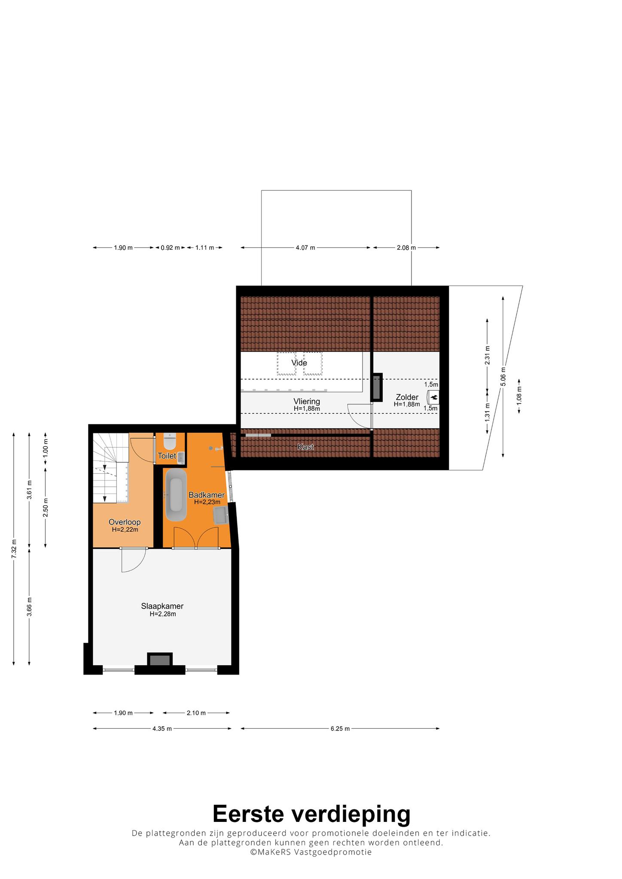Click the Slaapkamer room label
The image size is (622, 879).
pyautogui.click(x=162, y=606)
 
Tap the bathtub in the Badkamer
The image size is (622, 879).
pyautogui.click(x=176, y=494)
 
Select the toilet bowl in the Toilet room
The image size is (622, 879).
pyautogui.click(x=170, y=441)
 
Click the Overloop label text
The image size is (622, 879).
pyautogui.click(x=125, y=522)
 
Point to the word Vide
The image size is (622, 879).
pyautogui.click(x=299, y=363)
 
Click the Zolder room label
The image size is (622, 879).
pyautogui.click(x=407, y=397)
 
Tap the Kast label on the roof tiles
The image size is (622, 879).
pyautogui.click(x=305, y=447)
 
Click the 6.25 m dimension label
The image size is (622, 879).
pyautogui.click(x=340, y=728)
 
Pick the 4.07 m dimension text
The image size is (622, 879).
pyautogui.click(x=305, y=248)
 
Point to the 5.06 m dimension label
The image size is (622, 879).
pyautogui.click(x=503, y=376)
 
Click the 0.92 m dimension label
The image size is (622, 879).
pyautogui.click(x=170, y=248)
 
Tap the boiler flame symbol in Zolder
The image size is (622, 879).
pyautogui.click(x=434, y=397)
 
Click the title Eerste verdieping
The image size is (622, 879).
pyautogui.click(x=311, y=813)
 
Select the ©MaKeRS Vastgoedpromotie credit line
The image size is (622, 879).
pyautogui.click(x=311, y=852)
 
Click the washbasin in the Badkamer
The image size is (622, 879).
pyautogui.click(x=221, y=515)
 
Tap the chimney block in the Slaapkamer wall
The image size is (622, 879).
pyautogui.click(x=160, y=660)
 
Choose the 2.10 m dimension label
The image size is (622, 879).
pyautogui.click(x=196, y=713)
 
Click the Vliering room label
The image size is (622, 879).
pyautogui.click(x=307, y=401)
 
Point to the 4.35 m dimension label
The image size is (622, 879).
pyautogui.click(x=162, y=728)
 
